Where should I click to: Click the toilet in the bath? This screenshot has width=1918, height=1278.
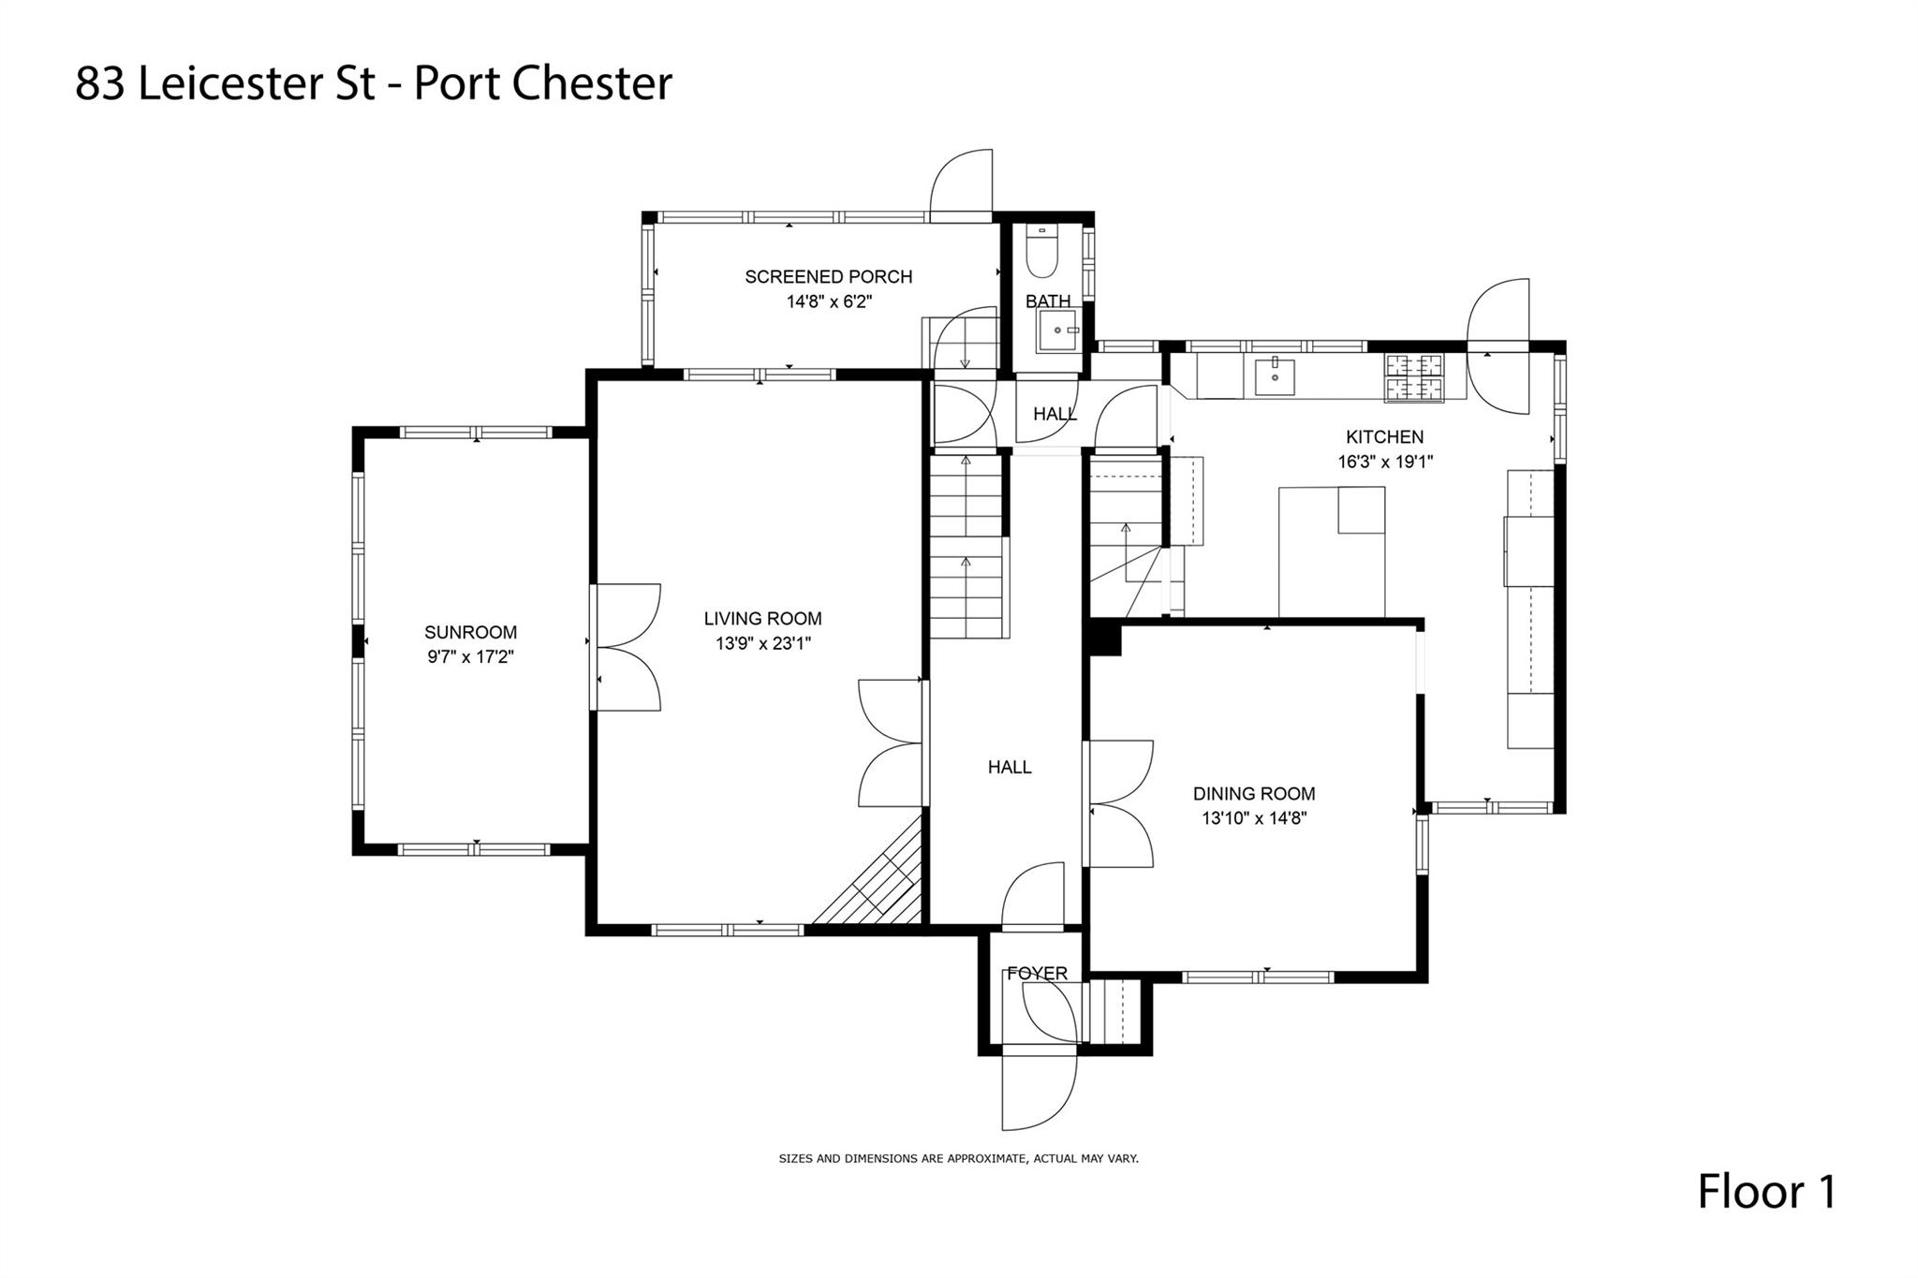[1040, 253]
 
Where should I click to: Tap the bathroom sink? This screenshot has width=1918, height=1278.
[1058, 331]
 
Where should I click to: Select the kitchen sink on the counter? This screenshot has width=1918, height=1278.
[1274, 377]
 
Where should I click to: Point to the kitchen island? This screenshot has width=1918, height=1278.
[1331, 551]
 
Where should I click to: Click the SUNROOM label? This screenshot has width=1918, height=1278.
[470, 632]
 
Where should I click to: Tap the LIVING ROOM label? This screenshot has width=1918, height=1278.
[762, 618]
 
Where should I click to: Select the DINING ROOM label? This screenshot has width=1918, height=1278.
[1254, 793]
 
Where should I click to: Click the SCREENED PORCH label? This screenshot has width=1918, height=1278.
[828, 276]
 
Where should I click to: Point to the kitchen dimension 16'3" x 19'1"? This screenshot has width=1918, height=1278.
[1385, 462]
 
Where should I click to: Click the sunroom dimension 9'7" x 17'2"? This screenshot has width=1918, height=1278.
[470, 656]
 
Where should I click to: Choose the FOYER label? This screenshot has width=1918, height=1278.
[1037, 974]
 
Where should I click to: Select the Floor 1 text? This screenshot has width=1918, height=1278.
[1767, 1192]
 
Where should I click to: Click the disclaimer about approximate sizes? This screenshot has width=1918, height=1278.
[958, 1158]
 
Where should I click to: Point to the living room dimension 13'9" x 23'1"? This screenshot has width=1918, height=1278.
[762, 643]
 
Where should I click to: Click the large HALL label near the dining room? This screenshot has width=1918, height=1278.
[1010, 767]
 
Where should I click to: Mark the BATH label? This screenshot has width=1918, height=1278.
[1047, 301]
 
